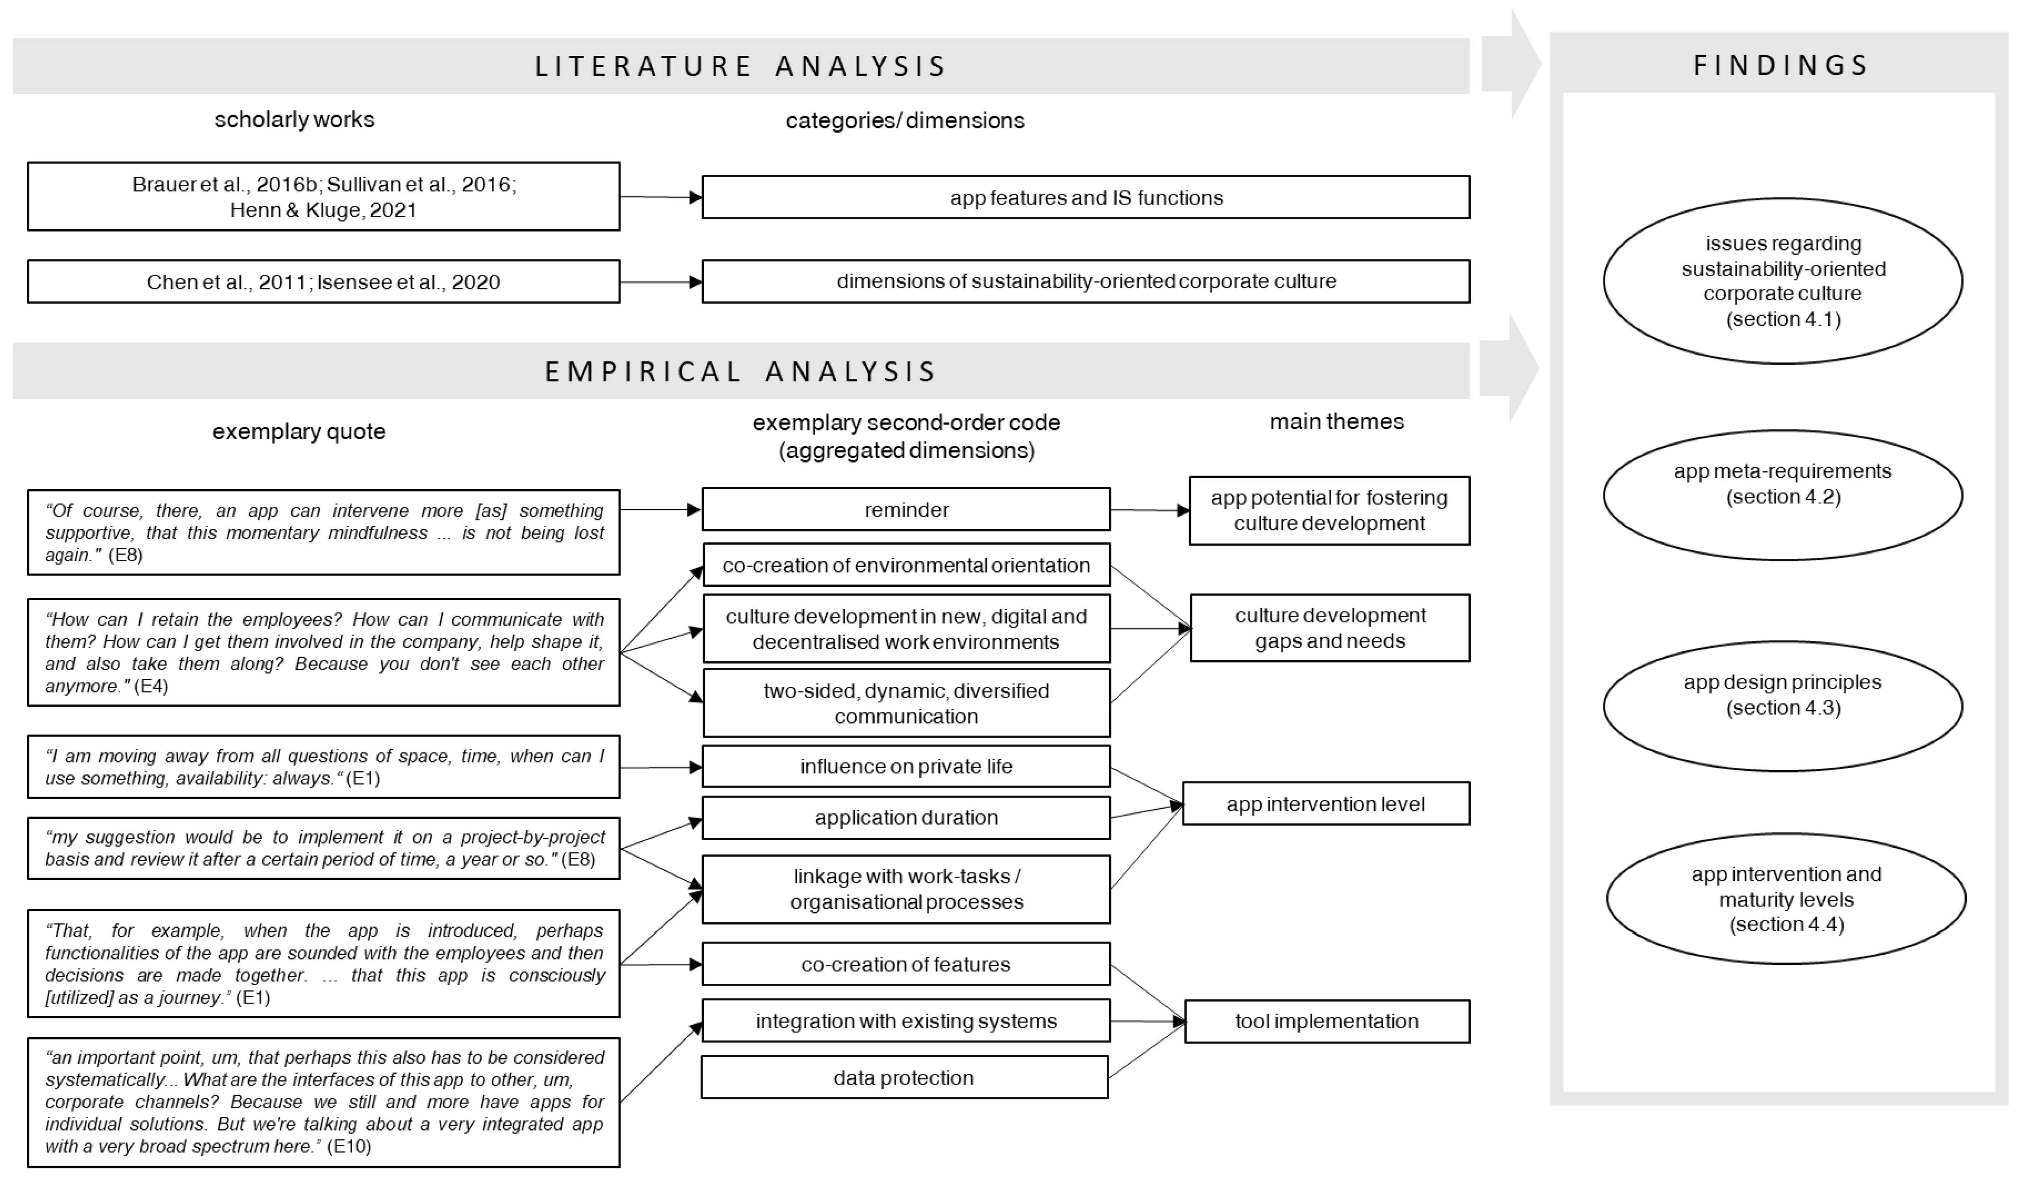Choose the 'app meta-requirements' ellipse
(x=1783, y=495)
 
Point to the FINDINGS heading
(x=1781, y=65)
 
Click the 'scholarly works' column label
(x=294, y=119)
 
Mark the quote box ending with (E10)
(x=323, y=1102)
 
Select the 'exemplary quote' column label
(x=299, y=431)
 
